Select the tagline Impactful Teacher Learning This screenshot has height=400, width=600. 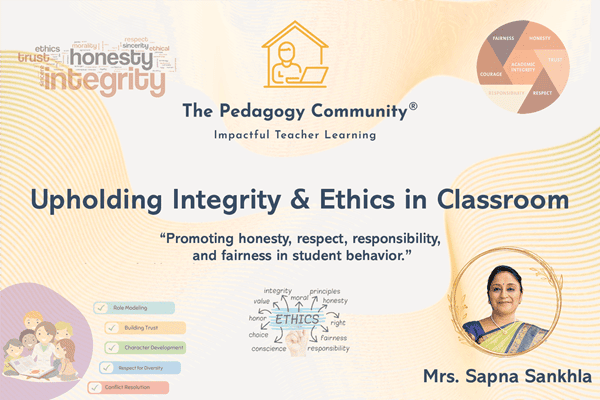pos(299,134)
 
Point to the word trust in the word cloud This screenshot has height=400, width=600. pos(34,59)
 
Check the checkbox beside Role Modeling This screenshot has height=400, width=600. pos(98,309)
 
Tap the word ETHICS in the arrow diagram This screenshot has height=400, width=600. pos(299,320)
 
